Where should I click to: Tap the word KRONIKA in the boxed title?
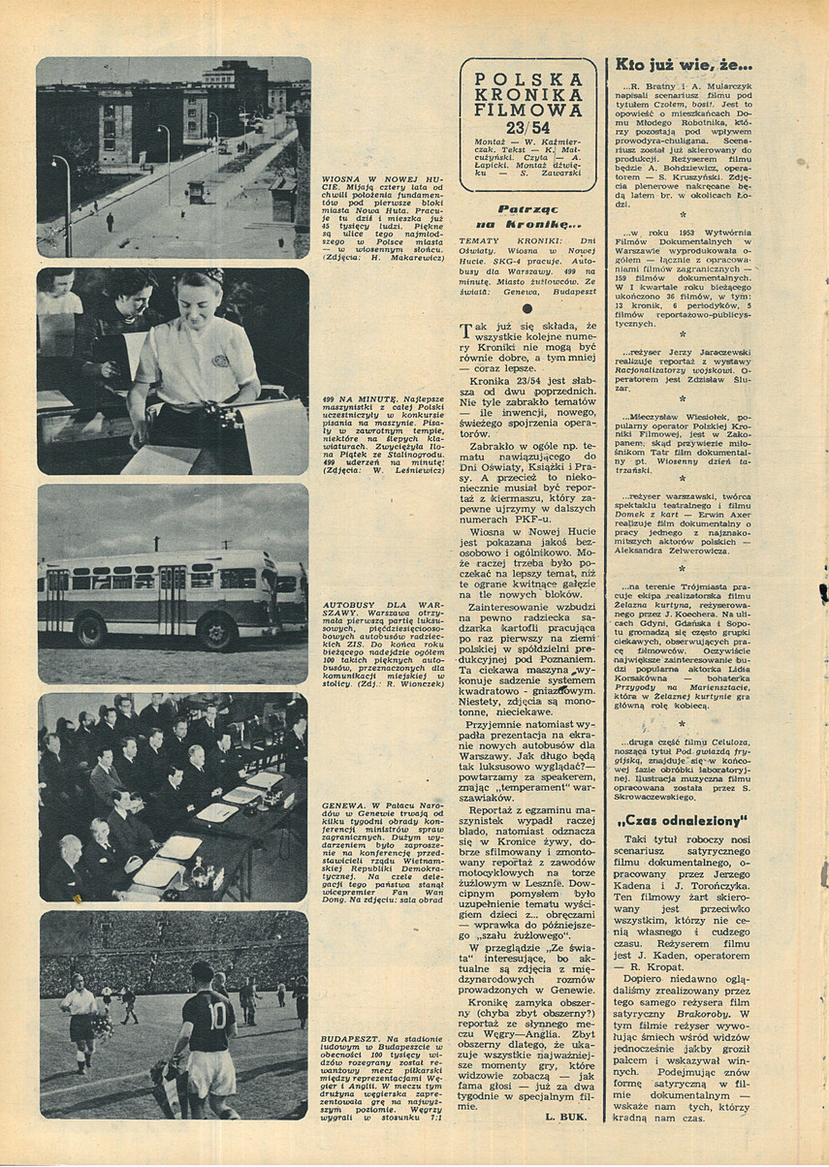tap(527, 94)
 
